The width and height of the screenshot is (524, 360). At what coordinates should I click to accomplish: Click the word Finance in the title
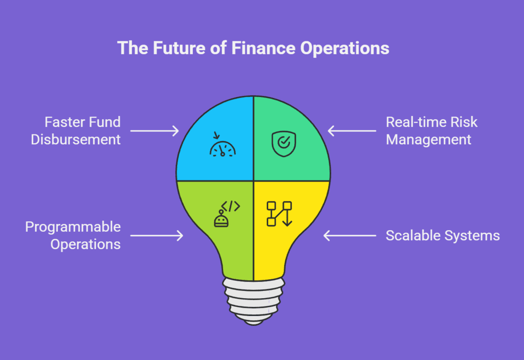pos(264,48)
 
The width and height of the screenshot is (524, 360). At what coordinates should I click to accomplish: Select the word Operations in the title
pos(345,49)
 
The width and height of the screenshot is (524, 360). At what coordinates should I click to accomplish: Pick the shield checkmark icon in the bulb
pos(283,144)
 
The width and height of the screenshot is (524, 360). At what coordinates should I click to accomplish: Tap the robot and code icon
pos(227,214)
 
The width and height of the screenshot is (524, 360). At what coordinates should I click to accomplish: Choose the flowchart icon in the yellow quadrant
pos(279,214)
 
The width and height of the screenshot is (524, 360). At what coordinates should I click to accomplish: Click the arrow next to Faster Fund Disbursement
pos(155,131)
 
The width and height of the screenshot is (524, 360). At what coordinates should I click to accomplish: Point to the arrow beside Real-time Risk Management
pos(352,131)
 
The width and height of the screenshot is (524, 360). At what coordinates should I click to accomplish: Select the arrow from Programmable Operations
pos(157,236)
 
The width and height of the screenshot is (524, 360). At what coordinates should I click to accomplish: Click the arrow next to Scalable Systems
pos(350,236)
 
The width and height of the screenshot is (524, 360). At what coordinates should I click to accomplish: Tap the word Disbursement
pos(76,140)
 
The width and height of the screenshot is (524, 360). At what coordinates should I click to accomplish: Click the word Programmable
pos(73,228)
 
